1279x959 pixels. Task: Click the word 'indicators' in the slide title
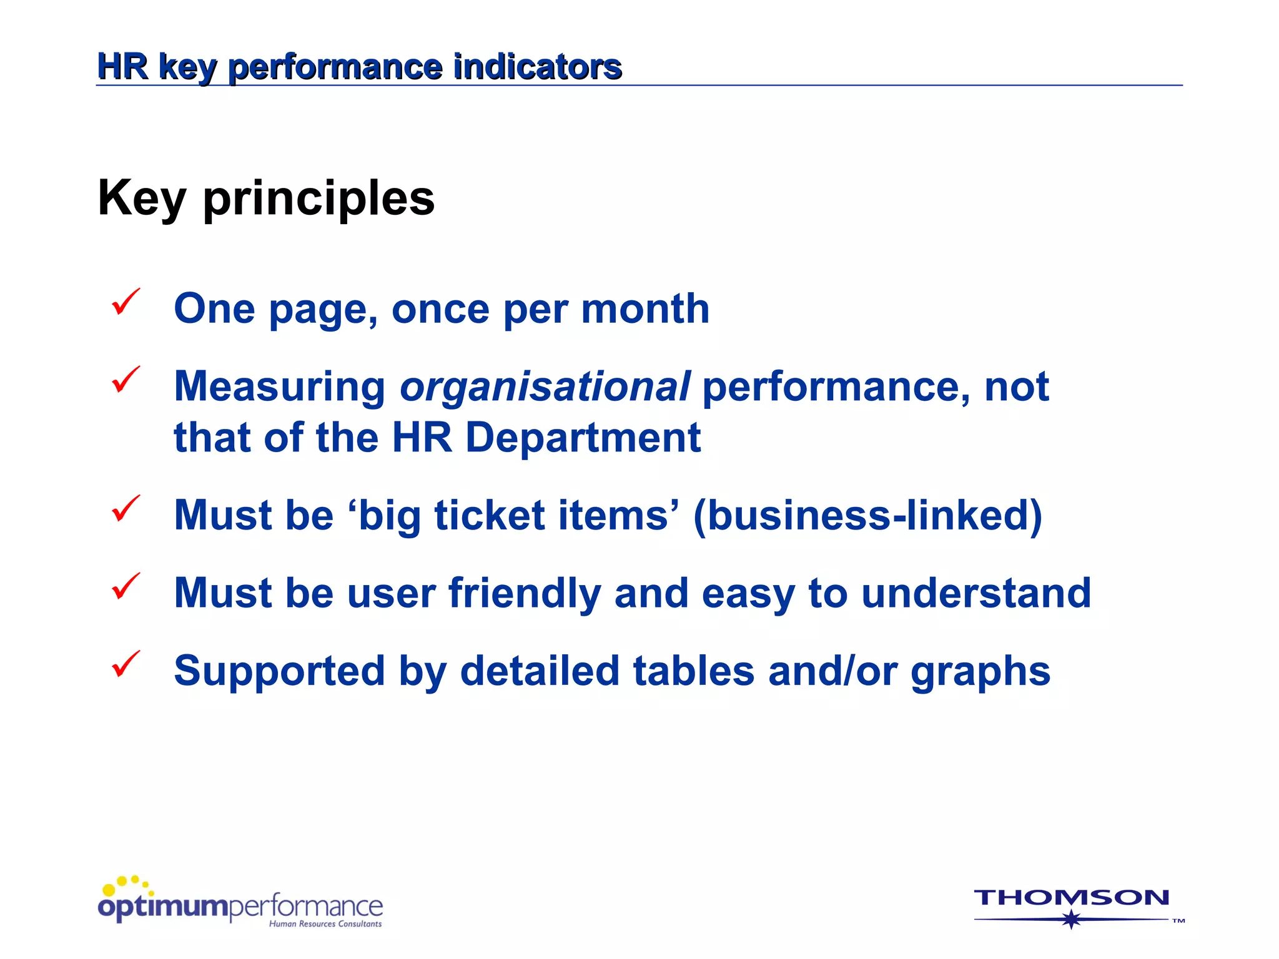(x=537, y=67)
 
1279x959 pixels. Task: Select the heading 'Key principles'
(x=266, y=199)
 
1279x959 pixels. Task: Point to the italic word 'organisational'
(x=545, y=386)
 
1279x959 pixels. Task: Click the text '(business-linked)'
(x=867, y=516)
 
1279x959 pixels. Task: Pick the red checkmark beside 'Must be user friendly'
(x=126, y=586)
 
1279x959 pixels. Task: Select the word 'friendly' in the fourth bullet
(x=525, y=593)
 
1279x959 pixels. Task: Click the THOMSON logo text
(x=1071, y=898)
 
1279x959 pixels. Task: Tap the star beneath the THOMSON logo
(x=1071, y=919)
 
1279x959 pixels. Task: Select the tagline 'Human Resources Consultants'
(x=325, y=924)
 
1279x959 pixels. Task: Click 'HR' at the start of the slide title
(x=123, y=67)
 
